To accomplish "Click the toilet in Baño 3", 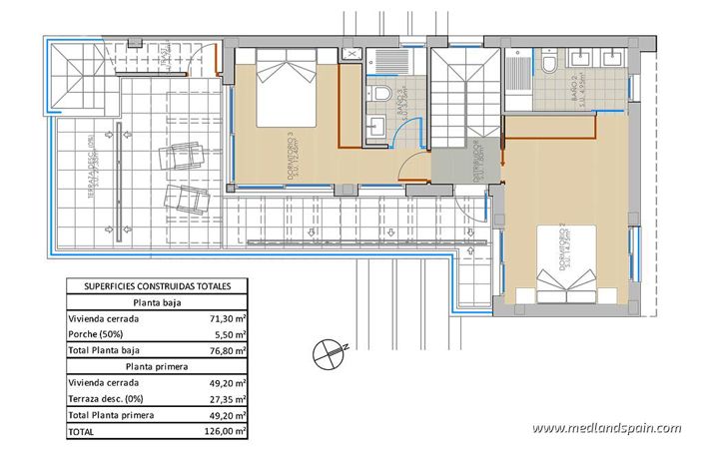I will [x=381, y=91].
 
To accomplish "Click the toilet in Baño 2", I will [x=548, y=66].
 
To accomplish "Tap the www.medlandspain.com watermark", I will [x=605, y=429].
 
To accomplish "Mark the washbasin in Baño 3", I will [x=376, y=127].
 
